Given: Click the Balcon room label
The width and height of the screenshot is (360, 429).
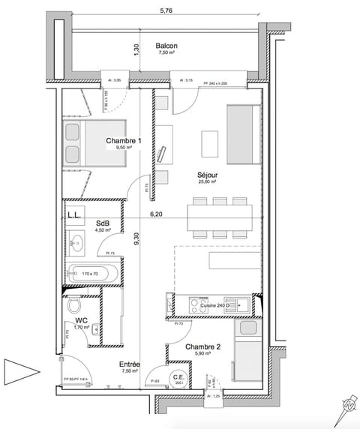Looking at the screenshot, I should coord(166,45).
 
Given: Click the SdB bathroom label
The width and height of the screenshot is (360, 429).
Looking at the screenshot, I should coord(103,223).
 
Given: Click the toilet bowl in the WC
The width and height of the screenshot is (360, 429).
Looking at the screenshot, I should coord(74,308).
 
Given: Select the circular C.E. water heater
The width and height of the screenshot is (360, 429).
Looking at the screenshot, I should coord(178,379).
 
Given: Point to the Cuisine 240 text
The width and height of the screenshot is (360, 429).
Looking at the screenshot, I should coord(214,306).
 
